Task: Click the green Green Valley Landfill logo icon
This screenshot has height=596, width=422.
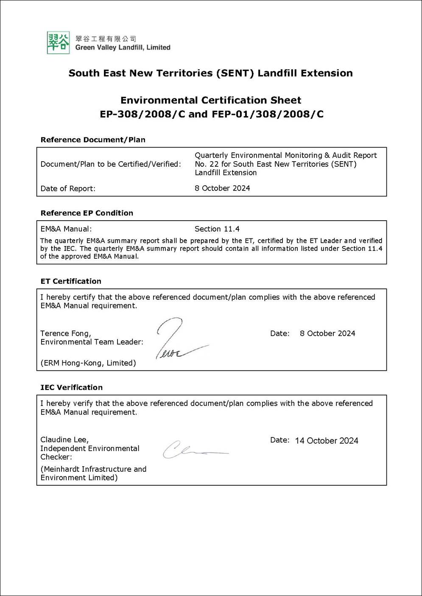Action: pyautogui.click(x=59, y=42)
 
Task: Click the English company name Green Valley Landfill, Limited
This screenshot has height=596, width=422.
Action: pyautogui.click(x=123, y=48)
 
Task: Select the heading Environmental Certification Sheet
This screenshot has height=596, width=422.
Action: pyautogui.click(x=211, y=101)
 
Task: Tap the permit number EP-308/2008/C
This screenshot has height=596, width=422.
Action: pyautogui.click(x=143, y=114)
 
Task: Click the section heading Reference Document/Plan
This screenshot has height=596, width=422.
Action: pyautogui.click(x=93, y=140)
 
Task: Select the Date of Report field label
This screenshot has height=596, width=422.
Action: pyautogui.click(x=68, y=188)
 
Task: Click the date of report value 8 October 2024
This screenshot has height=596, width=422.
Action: pyautogui.click(x=222, y=188)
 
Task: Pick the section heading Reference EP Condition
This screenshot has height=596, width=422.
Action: pyautogui.click(x=87, y=213)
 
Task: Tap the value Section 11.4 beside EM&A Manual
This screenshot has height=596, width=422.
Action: pyautogui.click(x=217, y=229)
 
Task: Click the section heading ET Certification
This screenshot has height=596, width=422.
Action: pyautogui.click(x=71, y=281)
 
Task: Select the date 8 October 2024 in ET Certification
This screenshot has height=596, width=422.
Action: pyautogui.click(x=327, y=333)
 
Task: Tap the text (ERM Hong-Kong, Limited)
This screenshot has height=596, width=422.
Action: pyautogui.click(x=88, y=363)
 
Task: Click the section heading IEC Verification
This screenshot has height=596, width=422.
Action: pyautogui.click(x=71, y=387)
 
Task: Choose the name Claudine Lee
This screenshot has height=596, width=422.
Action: pyautogui.click(x=64, y=439)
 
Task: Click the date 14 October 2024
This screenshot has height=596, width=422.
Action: pyautogui.click(x=327, y=441)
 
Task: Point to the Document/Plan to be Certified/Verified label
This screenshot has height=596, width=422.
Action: pyautogui.click(x=111, y=164)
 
